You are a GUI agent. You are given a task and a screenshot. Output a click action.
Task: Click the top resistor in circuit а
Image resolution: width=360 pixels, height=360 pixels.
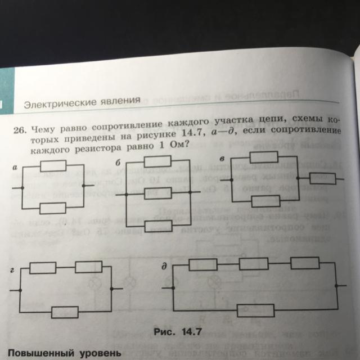53,165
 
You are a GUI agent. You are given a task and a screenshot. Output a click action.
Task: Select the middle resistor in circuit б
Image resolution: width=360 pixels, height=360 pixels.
157,195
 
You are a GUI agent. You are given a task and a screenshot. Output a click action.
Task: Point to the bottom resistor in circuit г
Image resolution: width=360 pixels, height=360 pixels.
65,311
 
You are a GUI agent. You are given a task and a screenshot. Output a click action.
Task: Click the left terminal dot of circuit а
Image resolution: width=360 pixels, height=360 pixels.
21,187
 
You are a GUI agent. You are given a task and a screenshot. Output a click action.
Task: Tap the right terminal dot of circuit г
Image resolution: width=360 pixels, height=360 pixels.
113,290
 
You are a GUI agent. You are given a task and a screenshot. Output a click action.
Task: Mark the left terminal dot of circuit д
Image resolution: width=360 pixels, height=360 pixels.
173,286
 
